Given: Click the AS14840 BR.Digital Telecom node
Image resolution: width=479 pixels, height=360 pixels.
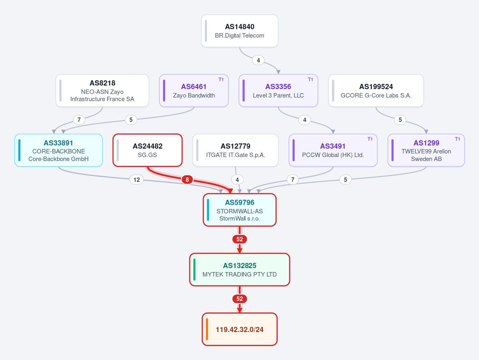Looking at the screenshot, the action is (240, 31).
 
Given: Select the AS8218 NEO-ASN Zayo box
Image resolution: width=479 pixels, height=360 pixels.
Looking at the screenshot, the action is (102, 91).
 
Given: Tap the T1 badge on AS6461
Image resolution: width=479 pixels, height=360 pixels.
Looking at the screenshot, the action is (221, 80).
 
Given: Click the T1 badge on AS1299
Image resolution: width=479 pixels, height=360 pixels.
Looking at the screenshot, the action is (457, 139).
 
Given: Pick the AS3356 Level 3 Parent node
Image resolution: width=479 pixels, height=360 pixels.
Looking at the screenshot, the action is (278, 91).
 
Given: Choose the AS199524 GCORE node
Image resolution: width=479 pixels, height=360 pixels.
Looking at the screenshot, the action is (376, 91).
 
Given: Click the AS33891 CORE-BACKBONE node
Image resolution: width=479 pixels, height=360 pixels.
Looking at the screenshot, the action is (59, 150).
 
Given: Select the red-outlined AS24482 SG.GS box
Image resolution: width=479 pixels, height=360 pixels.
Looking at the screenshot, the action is (147, 150).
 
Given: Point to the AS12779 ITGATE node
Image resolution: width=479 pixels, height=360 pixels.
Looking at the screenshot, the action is (236, 150).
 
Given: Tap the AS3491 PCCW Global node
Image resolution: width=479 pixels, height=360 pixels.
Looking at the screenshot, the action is (333, 150).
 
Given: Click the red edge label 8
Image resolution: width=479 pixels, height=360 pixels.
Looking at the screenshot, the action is (187, 180).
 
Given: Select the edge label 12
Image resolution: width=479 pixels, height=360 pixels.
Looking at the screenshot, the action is (137, 180).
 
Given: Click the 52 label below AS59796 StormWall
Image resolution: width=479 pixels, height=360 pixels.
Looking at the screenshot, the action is (240, 239).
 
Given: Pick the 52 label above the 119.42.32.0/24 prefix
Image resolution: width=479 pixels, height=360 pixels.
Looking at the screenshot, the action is (240, 299).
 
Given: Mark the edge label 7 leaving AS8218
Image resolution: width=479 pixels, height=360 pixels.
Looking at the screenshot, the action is (79, 120).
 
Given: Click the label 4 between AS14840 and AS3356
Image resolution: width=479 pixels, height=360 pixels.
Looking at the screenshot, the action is (258, 60).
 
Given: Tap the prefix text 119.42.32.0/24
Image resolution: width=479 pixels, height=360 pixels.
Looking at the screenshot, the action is (240, 330).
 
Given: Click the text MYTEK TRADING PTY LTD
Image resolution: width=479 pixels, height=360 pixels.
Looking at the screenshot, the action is (240, 274).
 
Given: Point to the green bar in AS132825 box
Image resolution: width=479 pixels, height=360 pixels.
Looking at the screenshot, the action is (194, 270).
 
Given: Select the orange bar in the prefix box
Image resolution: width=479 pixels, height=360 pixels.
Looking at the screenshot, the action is (207, 329).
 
